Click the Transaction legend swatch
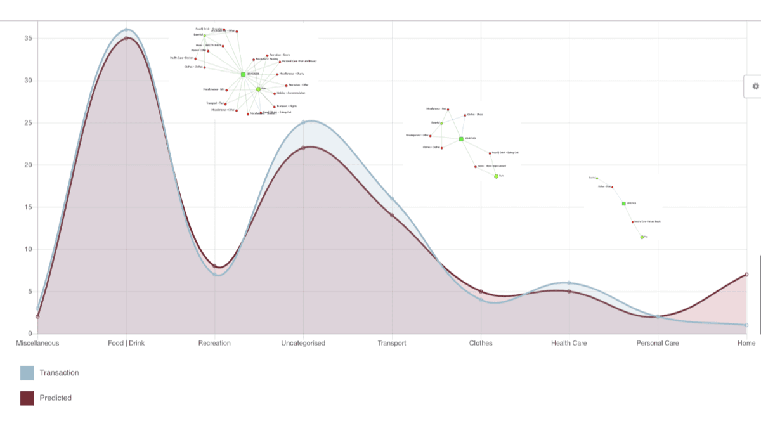(27, 373)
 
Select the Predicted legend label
(55, 398)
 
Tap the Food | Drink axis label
(126, 343)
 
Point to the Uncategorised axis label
(303, 343)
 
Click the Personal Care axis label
(658, 343)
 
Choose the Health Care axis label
(569, 343)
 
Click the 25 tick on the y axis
(28, 123)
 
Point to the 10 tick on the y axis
(28, 249)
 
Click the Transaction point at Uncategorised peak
(303, 122)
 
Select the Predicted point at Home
(746, 275)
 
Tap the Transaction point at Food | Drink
(126, 30)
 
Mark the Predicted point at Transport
(392, 216)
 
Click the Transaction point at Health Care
(569, 283)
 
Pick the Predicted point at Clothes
(481, 292)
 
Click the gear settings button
(755, 86)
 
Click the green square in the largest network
(243, 74)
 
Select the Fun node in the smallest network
(642, 237)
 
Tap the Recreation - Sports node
(267, 55)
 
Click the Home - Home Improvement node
(476, 167)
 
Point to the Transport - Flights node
(275, 107)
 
